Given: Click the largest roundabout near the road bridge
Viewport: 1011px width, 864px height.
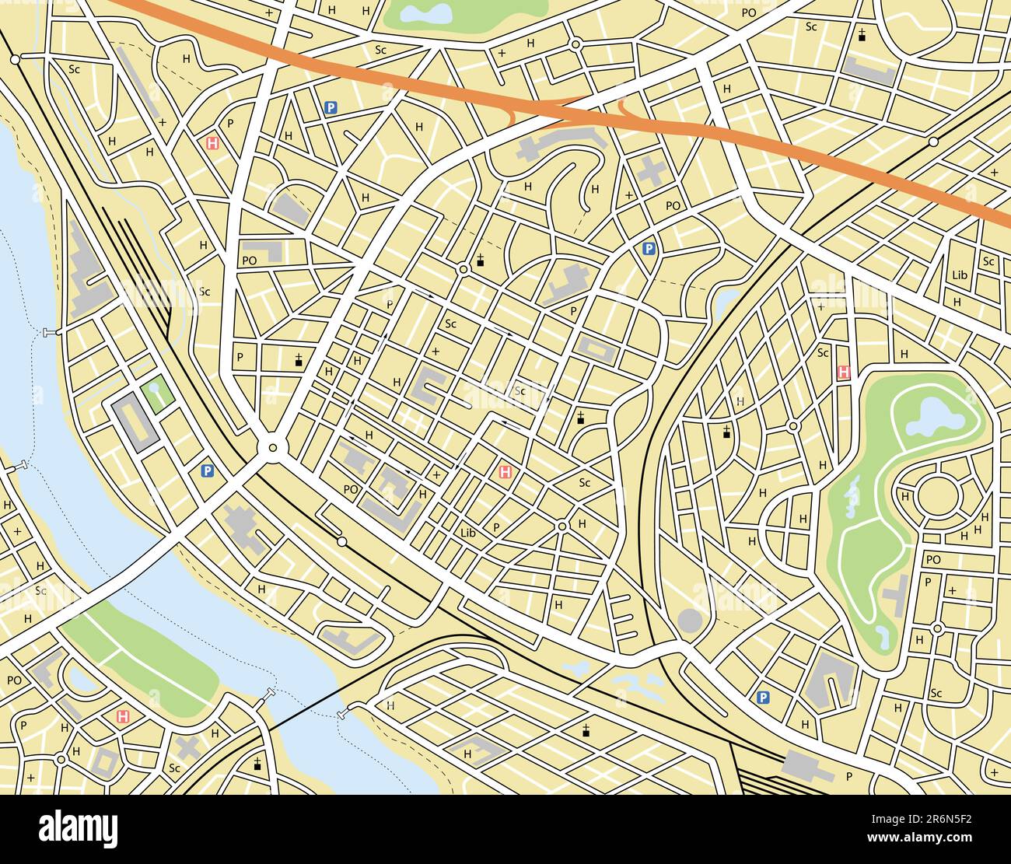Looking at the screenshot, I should [x=271, y=447].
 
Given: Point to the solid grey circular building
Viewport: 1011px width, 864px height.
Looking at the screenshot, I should [x=690, y=621].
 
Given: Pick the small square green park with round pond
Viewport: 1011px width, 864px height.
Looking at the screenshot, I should [x=156, y=394].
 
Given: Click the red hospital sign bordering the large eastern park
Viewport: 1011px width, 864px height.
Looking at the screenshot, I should [x=844, y=373].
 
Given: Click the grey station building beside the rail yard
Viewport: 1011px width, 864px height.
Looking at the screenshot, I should [x=806, y=765].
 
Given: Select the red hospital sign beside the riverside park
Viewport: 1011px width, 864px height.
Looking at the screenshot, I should [x=122, y=715].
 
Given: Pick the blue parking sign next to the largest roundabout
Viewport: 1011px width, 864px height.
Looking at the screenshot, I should [x=207, y=470].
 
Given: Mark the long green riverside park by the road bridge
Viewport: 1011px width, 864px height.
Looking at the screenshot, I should [x=140, y=653].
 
